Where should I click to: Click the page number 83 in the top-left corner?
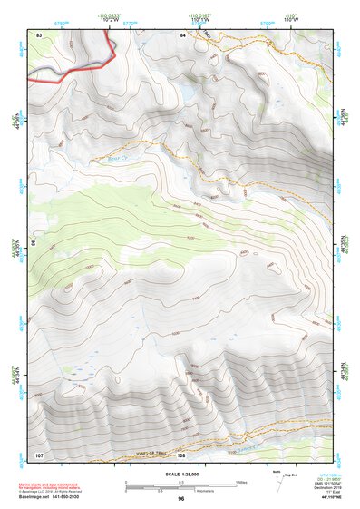[x=40, y=34]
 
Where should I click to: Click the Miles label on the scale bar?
[x=240, y=482]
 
